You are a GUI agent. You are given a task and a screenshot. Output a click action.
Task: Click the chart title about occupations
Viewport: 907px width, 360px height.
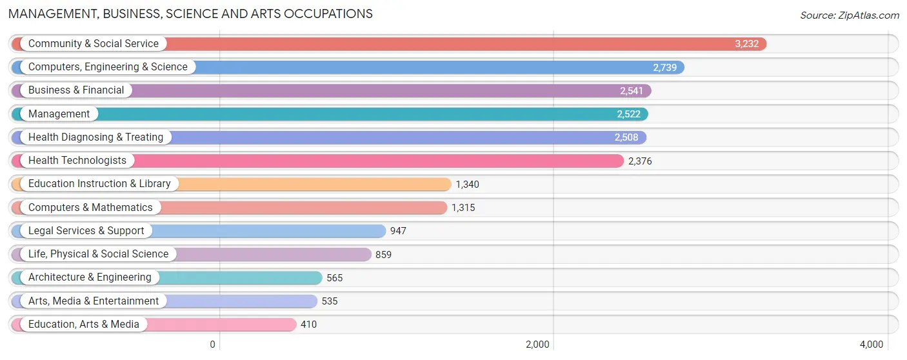pyautogui.click(x=190, y=14)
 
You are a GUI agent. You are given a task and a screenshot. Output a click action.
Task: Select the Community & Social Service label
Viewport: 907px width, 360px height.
pyautogui.click(x=94, y=44)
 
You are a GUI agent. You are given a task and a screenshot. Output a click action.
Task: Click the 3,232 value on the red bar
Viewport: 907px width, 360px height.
pyautogui.click(x=746, y=44)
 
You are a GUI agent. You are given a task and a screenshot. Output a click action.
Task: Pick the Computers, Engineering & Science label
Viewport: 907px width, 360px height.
pyautogui.click(x=108, y=67)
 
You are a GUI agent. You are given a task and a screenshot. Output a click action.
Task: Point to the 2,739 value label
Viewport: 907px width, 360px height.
pyautogui.click(x=664, y=67)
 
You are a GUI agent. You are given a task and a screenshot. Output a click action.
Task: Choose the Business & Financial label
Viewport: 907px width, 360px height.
pyautogui.click(x=76, y=90)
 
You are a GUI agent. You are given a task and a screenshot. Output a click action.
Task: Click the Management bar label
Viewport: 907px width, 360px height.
pyautogui.click(x=59, y=114)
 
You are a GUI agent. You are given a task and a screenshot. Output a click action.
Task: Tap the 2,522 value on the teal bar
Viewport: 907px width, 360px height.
pyautogui.click(x=628, y=114)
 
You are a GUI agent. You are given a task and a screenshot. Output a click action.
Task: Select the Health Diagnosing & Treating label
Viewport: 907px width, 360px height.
pyautogui.click(x=96, y=137)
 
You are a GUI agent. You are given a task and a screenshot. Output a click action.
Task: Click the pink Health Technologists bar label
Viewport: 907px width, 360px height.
pyautogui.click(x=77, y=161)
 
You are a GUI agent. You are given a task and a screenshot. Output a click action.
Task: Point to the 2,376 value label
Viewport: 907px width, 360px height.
pyautogui.click(x=640, y=161)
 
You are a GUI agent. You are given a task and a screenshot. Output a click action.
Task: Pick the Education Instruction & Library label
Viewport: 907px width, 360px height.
pyautogui.click(x=99, y=184)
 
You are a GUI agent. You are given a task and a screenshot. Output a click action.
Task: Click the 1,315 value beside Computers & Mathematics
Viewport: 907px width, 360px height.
pyautogui.click(x=463, y=208)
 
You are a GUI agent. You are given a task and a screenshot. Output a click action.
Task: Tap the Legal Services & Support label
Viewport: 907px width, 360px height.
pyautogui.click(x=86, y=231)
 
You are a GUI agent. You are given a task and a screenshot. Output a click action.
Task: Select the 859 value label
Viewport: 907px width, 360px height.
pyautogui.click(x=383, y=255)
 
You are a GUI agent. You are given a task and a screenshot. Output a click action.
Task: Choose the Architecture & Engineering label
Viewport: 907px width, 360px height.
pyautogui.click(x=90, y=277)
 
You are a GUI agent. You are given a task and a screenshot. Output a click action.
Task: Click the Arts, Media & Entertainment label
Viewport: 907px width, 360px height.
pyautogui.click(x=94, y=301)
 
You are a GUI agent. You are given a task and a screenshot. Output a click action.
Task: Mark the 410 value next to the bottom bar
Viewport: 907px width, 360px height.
pyautogui.click(x=308, y=325)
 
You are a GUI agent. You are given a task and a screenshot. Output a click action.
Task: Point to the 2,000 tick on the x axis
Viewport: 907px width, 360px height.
pyautogui.click(x=537, y=345)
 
